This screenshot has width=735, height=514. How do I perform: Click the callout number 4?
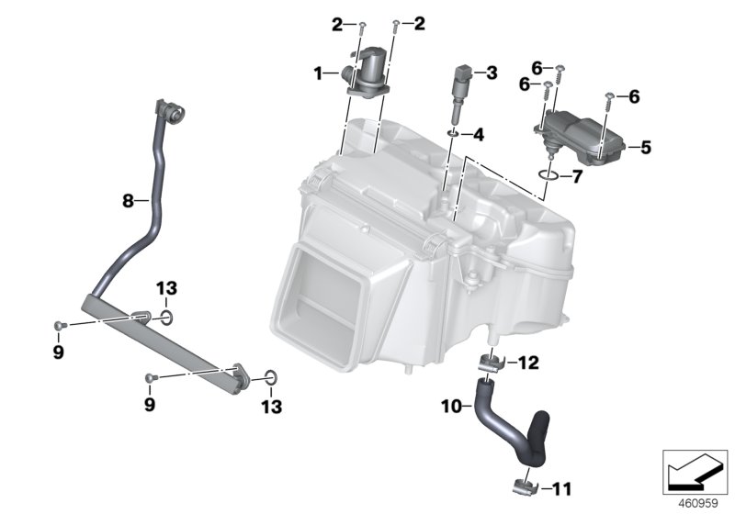(x=479, y=135)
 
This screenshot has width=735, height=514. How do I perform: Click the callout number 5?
(x=646, y=147)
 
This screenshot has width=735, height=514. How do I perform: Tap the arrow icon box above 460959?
(x=695, y=470)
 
